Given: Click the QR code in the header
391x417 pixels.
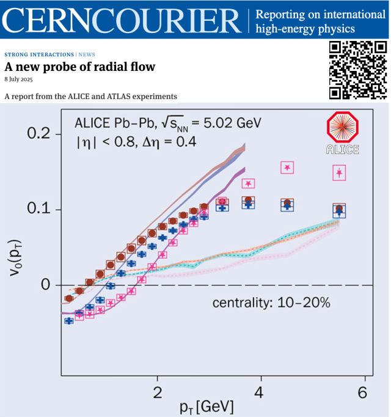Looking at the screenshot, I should click(x=357, y=69).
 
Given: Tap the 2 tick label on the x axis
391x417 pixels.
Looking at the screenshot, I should click(x=158, y=392).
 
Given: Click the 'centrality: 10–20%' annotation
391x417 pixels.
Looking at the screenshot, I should click(x=271, y=302).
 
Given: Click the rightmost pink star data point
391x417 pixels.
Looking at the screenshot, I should click(x=340, y=173).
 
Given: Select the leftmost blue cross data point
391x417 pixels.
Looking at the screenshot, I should click(x=69, y=320).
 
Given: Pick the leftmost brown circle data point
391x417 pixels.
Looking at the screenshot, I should click(x=68, y=298).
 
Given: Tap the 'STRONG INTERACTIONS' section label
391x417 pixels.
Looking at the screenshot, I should click(x=40, y=54).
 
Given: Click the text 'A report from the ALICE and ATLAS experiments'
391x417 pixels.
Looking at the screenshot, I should click(x=90, y=97).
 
